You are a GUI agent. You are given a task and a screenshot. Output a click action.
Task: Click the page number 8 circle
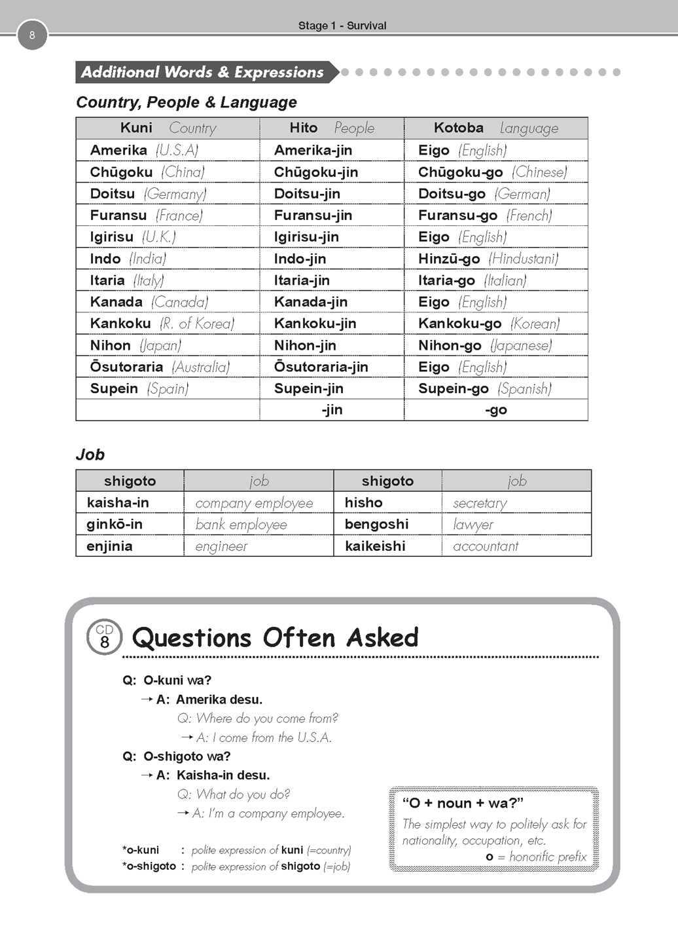(32, 35)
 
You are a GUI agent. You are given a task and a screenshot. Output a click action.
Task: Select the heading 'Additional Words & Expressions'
(202, 72)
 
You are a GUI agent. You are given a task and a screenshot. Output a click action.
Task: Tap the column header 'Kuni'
(136, 128)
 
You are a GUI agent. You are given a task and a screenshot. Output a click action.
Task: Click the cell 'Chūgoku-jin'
(315, 172)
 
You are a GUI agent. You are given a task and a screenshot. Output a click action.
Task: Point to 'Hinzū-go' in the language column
(449, 259)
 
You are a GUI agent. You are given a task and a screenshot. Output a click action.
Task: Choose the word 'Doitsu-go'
(452, 194)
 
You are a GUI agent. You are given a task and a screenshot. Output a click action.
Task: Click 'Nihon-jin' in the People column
(305, 345)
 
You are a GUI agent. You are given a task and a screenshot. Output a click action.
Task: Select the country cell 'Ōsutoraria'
(126, 367)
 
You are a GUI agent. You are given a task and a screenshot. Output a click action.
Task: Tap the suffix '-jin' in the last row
(332, 410)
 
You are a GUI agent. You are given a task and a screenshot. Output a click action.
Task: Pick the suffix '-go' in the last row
(496, 410)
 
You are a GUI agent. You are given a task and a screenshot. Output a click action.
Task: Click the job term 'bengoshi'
(376, 524)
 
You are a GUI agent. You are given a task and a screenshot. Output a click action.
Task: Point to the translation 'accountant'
(486, 546)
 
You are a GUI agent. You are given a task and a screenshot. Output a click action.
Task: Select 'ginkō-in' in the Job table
(115, 524)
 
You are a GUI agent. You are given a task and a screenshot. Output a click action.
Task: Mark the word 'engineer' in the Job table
(221, 546)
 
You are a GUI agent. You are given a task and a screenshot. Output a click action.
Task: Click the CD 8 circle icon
(105, 637)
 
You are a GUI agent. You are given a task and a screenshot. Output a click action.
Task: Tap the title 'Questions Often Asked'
(275, 637)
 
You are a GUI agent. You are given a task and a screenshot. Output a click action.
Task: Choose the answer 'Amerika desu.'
(219, 699)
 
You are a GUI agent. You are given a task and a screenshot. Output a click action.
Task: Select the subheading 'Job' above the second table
(90, 455)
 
